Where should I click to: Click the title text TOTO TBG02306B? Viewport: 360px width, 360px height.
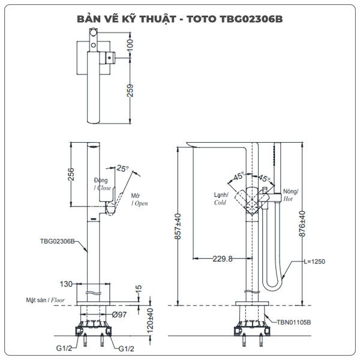[x=235, y=19]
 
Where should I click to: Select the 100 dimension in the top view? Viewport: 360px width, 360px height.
[x=130, y=45]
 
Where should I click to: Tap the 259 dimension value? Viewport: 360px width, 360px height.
[x=130, y=91]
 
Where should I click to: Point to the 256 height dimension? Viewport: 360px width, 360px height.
[x=71, y=174]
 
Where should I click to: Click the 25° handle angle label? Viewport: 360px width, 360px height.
[x=123, y=168]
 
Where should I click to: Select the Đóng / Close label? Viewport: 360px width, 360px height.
[x=103, y=184]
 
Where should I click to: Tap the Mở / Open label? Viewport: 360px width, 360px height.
[x=139, y=200]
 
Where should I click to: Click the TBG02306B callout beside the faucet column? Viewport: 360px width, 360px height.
[x=57, y=241]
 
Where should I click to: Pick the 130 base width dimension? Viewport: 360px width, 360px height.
[x=66, y=284]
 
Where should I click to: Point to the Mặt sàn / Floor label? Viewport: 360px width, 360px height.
[x=45, y=300]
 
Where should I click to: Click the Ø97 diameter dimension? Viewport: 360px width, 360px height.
[x=119, y=314]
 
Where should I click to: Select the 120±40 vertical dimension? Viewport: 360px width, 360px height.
[x=150, y=321]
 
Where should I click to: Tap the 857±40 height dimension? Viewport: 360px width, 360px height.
[x=178, y=226]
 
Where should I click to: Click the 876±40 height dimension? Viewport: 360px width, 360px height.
[x=302, y=224]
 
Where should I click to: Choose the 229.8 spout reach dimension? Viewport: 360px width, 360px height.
[x=223, y=259]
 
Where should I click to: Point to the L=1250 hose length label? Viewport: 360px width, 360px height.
[x=314, y=262]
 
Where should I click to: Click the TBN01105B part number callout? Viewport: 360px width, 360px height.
[x=294, y=322]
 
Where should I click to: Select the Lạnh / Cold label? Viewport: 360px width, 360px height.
[x=221, y=199]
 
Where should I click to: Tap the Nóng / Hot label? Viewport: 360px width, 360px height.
[x=290, y=195]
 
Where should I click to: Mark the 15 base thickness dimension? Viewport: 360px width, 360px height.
[x=139, y=289]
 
